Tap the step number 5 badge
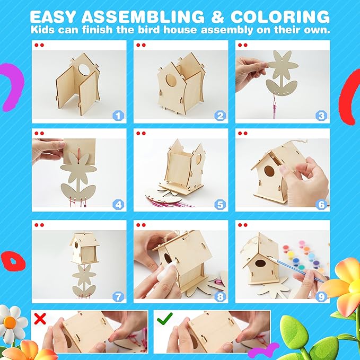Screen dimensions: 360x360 point(219,204)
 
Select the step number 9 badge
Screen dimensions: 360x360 point(321,296)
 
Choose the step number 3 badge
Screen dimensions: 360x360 point(321,115)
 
